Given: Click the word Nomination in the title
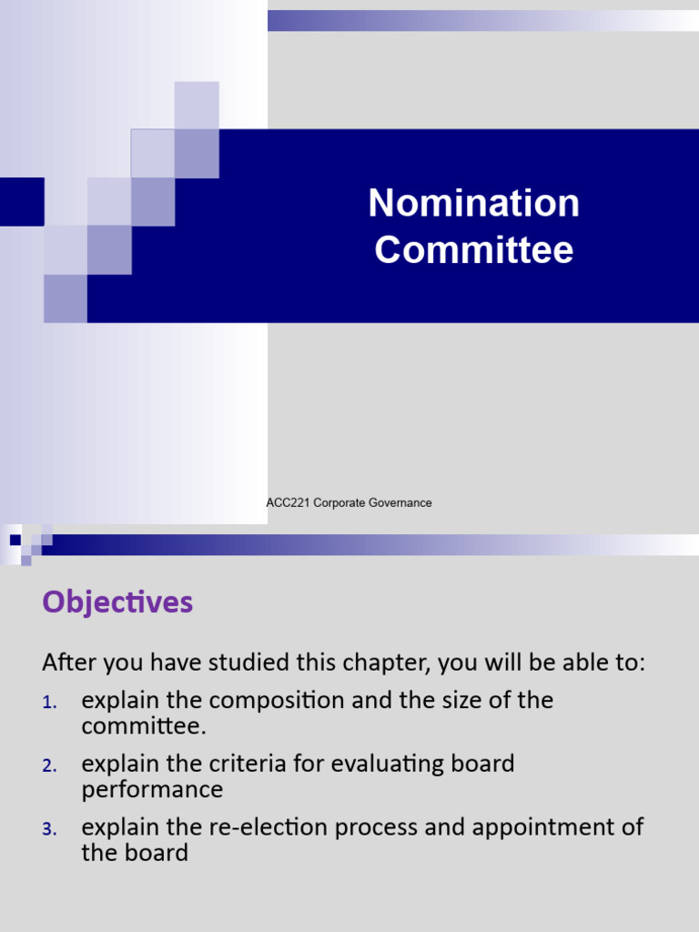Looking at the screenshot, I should [x=473, y=203].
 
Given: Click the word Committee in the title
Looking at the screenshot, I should [x=473, y=249].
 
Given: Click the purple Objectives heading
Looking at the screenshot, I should [x=117, y=603].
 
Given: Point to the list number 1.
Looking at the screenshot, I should [x=49, y=703].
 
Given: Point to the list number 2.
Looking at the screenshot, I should [x=49, y=766].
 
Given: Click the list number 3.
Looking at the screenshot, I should [x=49, y=829].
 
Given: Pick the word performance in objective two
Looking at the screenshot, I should [x=152, y=789].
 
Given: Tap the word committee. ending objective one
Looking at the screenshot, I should [x=144, y=726].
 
